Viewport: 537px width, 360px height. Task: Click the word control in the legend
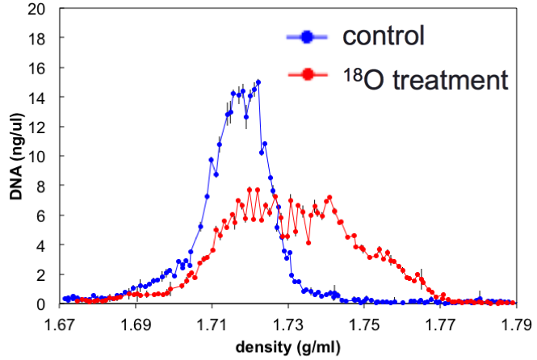(x=384, y=36)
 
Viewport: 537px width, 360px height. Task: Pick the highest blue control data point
(x=258, y=82)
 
